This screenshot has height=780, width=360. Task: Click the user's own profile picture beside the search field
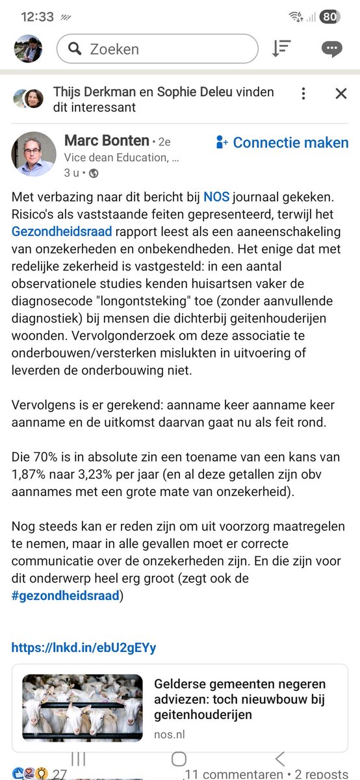click(29, 49)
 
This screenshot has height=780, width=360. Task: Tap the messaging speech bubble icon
click(332, 49)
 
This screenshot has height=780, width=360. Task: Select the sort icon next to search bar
click(281, 49)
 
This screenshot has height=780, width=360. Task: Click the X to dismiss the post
click(341, 94)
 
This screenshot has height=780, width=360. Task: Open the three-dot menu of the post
click(303, 94)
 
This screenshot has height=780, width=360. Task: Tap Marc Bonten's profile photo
click(33, 154)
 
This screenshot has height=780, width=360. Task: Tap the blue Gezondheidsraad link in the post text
click(62, 230)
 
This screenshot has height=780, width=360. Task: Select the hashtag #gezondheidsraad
click(65, 595)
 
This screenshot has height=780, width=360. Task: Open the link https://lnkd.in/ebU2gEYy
click(84, 647)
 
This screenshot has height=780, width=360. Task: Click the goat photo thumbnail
click(83, 708)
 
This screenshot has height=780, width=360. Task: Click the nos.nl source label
click(170, 733)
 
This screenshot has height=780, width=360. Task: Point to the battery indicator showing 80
click(329, 17)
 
